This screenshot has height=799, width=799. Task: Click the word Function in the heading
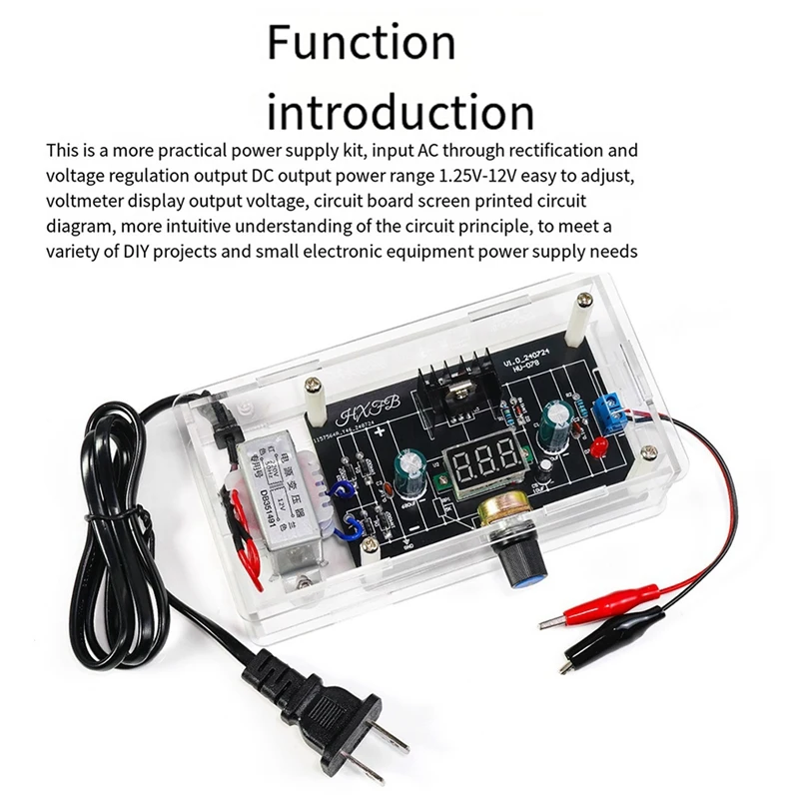[361, 43]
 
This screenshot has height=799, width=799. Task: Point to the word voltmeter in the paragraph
[92, 201]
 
